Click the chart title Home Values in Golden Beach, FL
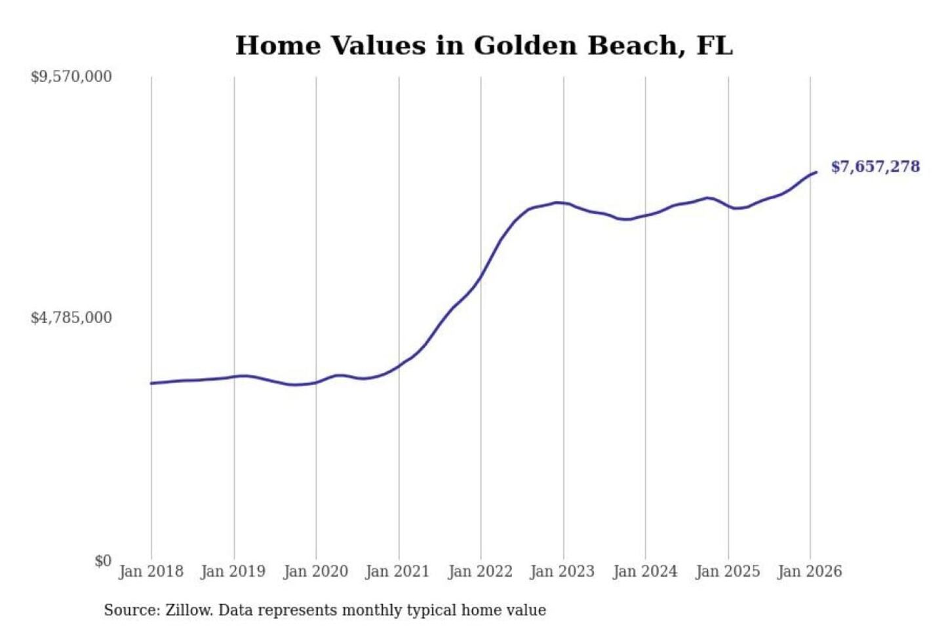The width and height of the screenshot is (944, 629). pyautogui.click(x=484, y=46)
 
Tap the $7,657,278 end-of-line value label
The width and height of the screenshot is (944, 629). pyautogui.click(x=875, y=166)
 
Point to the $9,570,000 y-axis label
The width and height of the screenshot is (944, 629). pyautogui.click(x=71, y=77)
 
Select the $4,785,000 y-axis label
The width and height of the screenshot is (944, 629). pyautogui.click(x=71, y=318)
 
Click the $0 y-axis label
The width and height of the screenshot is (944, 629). pyautogui.click(x=103, y=561)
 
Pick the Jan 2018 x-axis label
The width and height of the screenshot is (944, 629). pyautogui.click(x=151, y=571)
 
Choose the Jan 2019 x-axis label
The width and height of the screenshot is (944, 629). pyautogui.click(x=233, y=571)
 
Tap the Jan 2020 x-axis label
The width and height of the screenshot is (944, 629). pyautogui.click(x=315, y=571)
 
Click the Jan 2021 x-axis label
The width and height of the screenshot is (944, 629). pyautogui.click(x=397, y=571)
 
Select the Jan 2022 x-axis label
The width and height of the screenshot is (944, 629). pyautogui.click(x=480, y=571)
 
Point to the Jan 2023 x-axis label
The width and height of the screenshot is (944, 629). pyautogui.click(x=562, y=571)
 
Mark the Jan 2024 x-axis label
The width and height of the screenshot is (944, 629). pyautogui.click(x=644, y=571)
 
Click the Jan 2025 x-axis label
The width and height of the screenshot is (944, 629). pyautogui.click(x=727, y=571)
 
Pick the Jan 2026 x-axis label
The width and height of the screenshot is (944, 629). pyautogui.click(x=810, y=571)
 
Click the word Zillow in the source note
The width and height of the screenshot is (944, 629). pyautogui.click(x=188, y=611)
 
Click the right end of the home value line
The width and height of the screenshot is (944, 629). pyautogui.click(x=816, y=172)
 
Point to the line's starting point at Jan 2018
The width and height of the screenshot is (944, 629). pyautogui.click(x=151, y=383)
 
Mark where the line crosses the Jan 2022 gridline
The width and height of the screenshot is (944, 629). pyautogui.click(x=481, y=278)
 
